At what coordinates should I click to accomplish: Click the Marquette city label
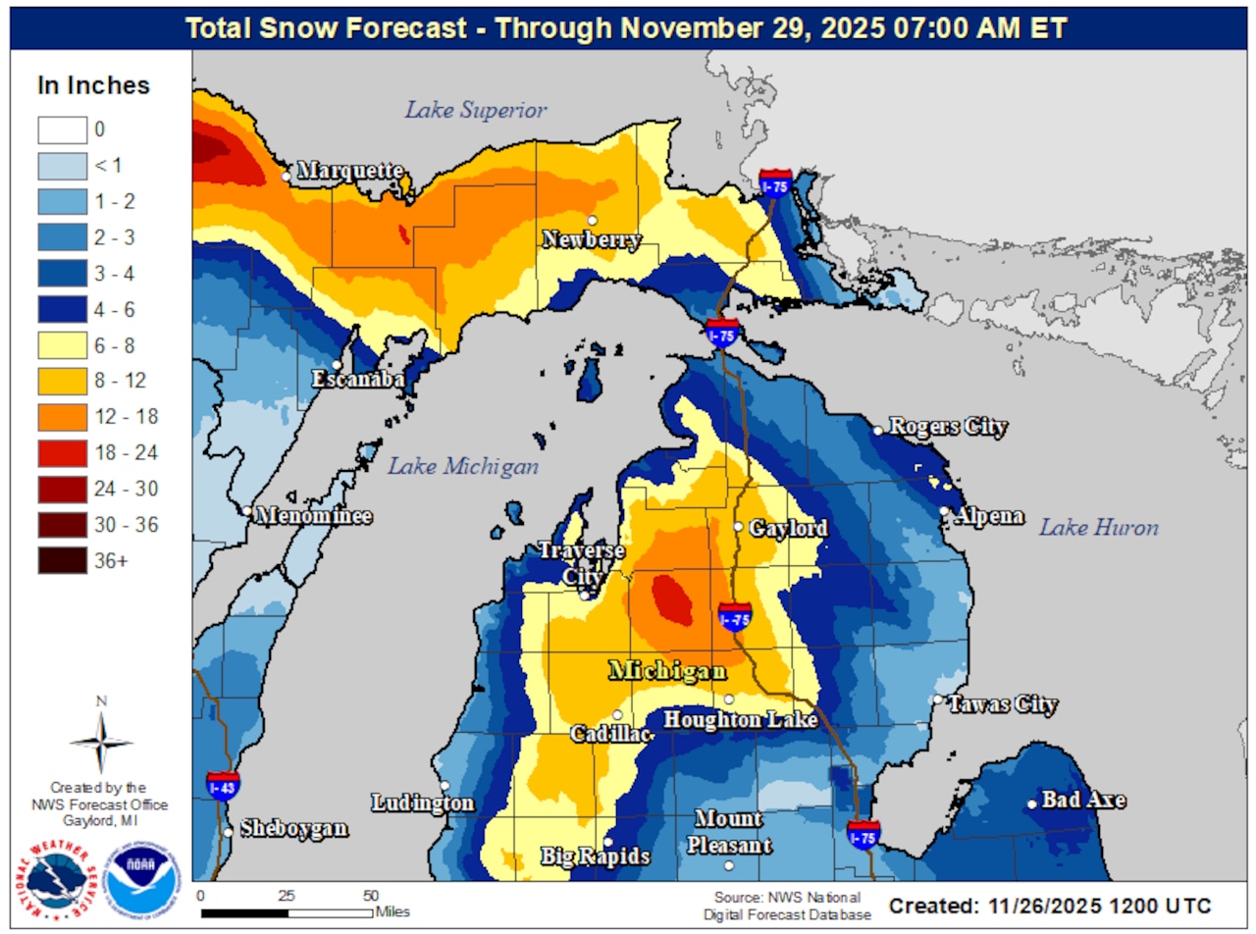point(349,171)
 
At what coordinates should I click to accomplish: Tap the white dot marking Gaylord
point(739,527)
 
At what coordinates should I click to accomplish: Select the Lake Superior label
point(476,110)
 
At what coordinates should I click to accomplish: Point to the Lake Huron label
point(1099,528)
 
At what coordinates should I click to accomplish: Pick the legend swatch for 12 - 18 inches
point(62,417)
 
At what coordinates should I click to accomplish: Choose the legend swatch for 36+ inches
point(62,561)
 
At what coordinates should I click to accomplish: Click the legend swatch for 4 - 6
point(62,309)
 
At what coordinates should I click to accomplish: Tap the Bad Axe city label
point(1083,801)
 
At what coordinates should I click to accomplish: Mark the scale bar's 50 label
point(371,896)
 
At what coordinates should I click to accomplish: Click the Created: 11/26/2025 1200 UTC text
point(1050,904)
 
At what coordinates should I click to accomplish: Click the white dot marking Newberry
point(593,220)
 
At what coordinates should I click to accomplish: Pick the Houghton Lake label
point(741,720)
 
